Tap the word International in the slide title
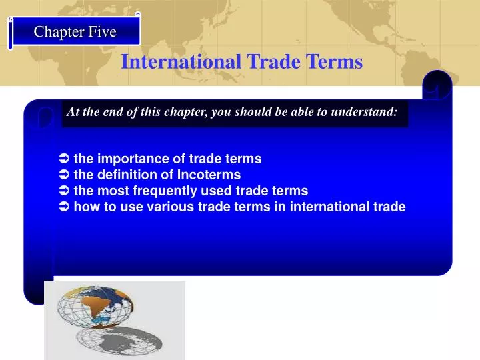(x=181, y=62)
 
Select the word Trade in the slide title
(x=272, y=62)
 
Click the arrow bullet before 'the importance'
(x=64, y=159)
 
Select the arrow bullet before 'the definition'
(x=64, y=175)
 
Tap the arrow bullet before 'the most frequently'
(x=64, y=191)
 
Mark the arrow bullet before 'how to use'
(x=64, y=207)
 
